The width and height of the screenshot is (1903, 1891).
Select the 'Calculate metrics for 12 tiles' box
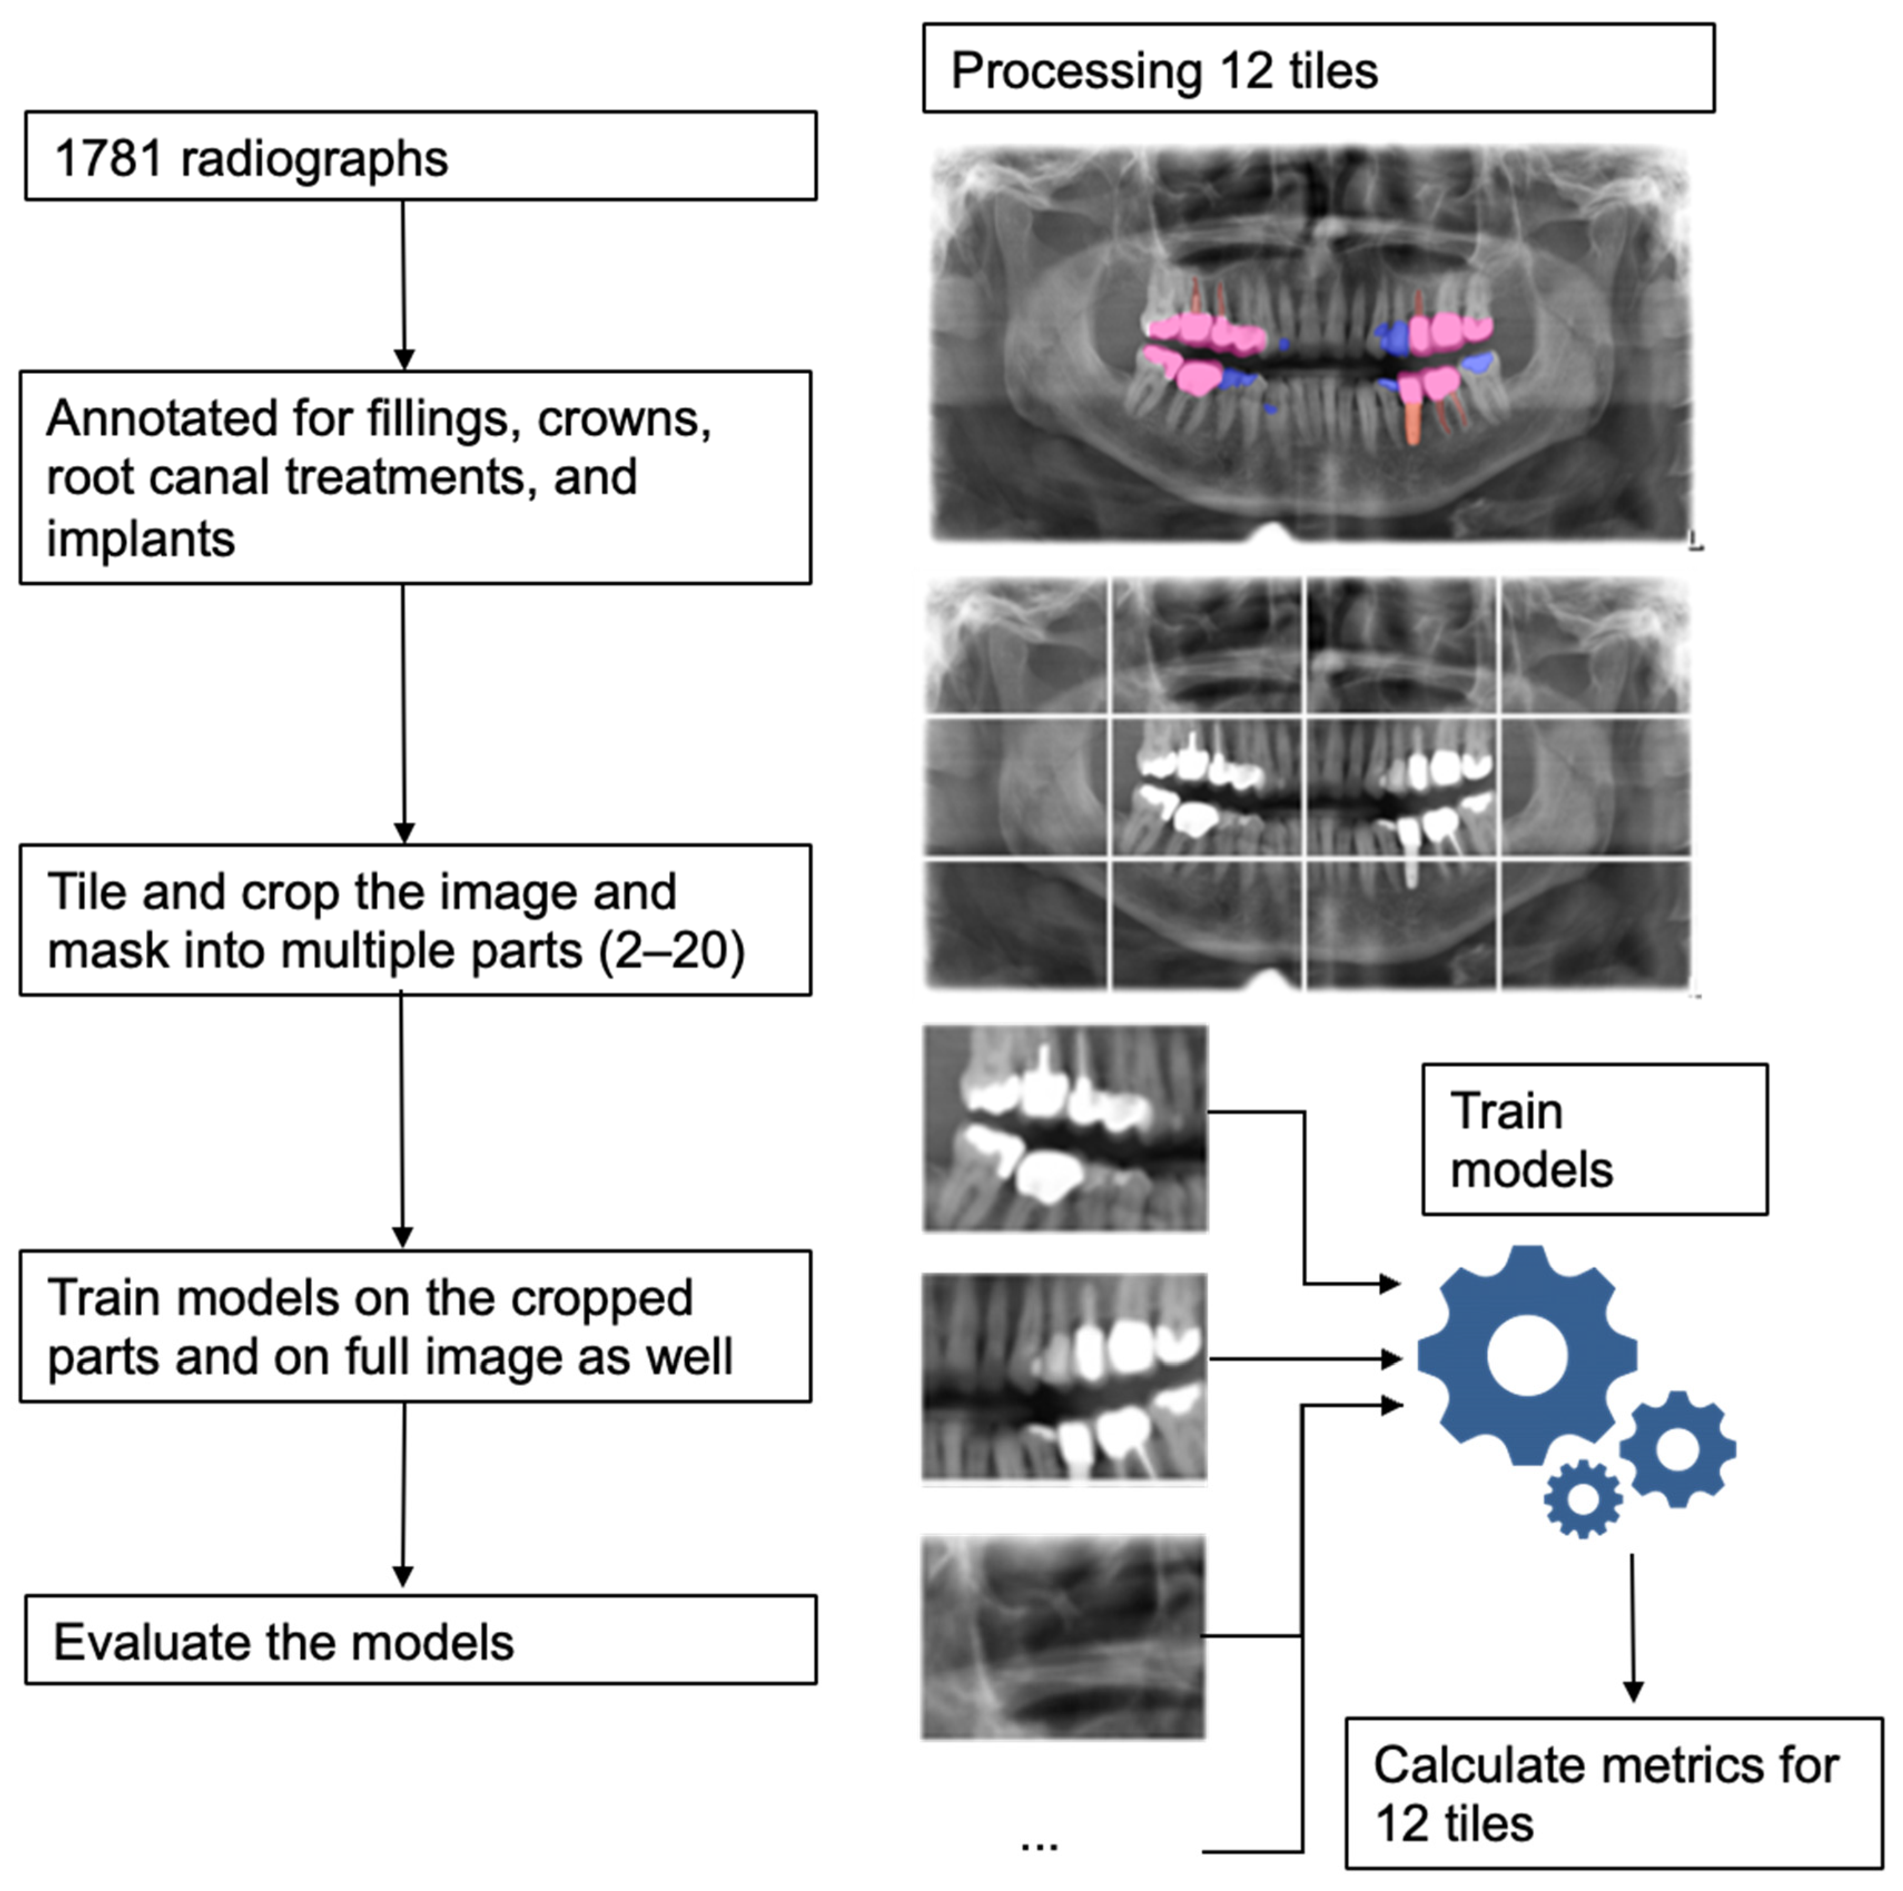click(x=1613, y=1793)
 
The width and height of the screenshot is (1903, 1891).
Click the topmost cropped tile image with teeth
click(x=1065, y=1128)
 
